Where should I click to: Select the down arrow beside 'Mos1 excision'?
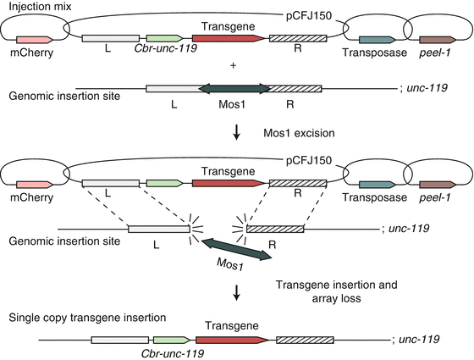(x=237, y=131)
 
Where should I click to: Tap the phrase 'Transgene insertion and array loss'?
(x=333, y=291)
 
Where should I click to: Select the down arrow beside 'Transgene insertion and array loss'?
(x=237, y=291)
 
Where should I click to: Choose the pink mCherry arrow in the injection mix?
(x=34, y=40)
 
